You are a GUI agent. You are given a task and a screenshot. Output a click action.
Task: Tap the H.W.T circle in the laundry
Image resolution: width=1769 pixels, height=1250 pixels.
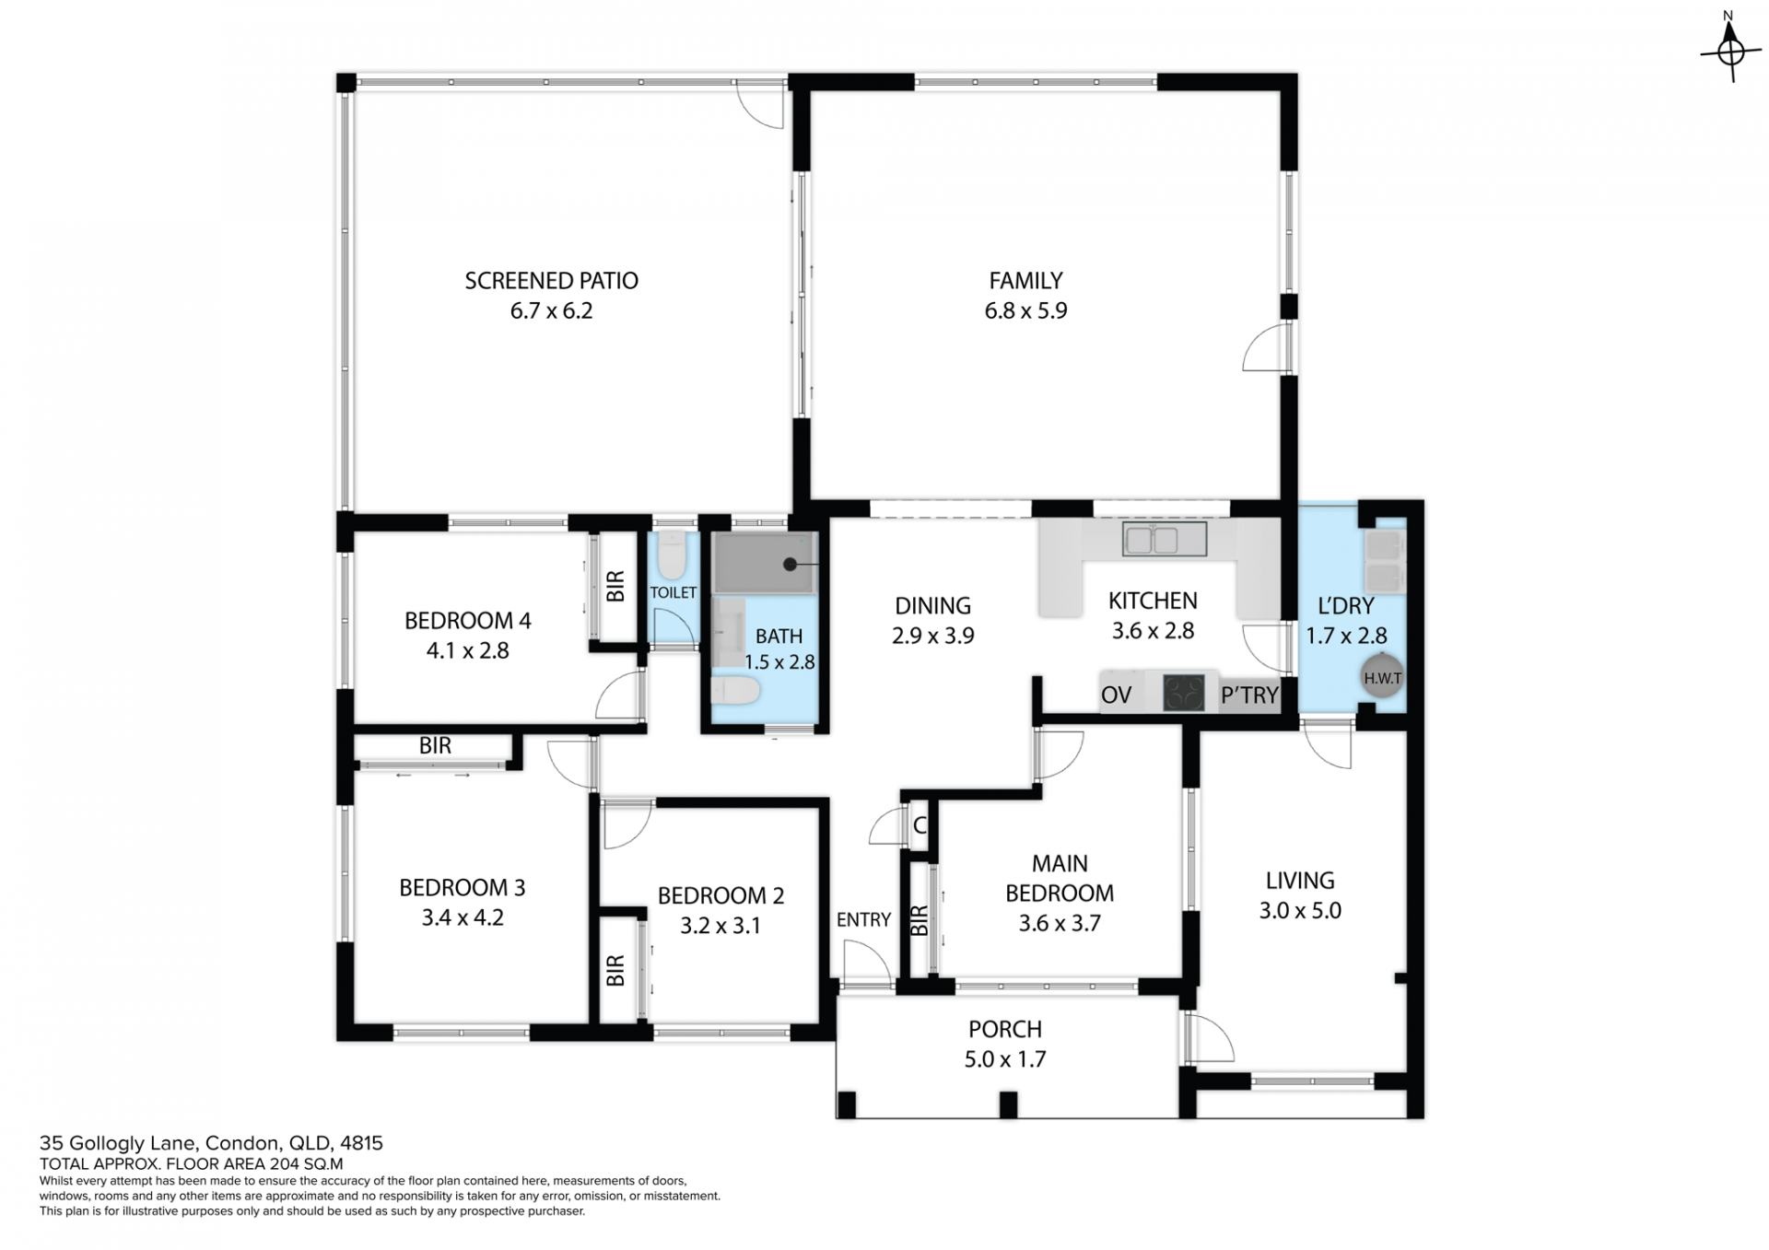[1382, 678]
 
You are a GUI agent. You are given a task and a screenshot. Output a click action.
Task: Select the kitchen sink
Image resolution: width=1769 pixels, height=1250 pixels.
[1165, 540]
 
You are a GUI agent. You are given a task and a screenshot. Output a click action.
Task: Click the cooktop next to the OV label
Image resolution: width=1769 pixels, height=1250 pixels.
[1184, 693]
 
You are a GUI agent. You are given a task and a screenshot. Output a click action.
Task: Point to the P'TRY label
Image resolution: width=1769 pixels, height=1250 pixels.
[1249, 695]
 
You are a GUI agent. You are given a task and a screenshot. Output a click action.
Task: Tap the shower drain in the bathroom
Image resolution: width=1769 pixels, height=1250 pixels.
[790, 565]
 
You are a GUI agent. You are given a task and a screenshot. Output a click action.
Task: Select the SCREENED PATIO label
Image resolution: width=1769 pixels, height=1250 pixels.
[551, 281]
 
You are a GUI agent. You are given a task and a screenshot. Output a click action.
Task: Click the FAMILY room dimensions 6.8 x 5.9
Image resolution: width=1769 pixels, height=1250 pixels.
[1025, 310]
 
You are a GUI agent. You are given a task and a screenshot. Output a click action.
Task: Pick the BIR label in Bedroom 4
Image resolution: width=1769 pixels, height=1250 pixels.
[615, 586]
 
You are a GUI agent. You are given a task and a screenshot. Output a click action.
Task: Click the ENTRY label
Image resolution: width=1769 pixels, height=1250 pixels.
[863, 919]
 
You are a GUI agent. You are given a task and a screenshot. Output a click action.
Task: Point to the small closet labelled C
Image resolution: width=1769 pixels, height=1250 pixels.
[920, 825]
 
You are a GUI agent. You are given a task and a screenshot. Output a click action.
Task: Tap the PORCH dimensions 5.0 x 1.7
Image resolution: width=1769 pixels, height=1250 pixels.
[1005, 1059]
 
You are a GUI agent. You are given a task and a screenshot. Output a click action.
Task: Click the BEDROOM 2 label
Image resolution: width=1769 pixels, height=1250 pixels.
[720, 895]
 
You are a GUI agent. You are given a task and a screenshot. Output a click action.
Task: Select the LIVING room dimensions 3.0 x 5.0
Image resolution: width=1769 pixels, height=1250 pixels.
[1300, 910]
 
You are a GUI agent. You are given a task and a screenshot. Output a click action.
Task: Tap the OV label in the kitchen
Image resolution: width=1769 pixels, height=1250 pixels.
[1116, 695]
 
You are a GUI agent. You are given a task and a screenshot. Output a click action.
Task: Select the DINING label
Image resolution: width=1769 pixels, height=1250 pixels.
[932, 605]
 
